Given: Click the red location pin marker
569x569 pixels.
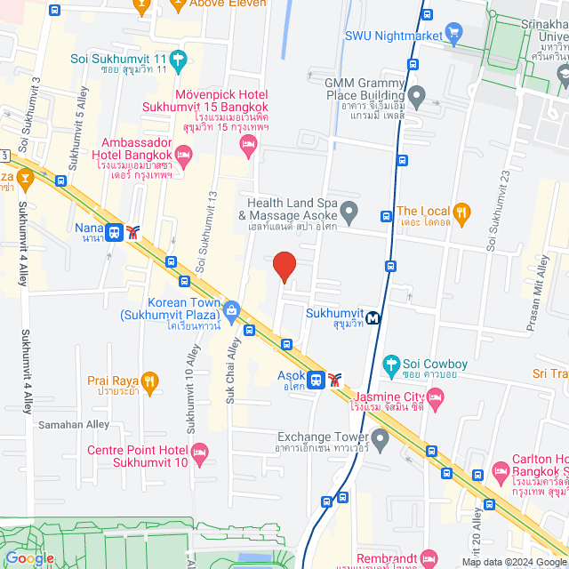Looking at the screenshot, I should [x=284, y=267].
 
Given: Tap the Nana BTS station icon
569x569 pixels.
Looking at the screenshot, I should [x=114, y=232].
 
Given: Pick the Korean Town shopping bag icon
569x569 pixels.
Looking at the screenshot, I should [x=232, y=310].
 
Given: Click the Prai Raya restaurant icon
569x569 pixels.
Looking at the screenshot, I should [x=149, y=381].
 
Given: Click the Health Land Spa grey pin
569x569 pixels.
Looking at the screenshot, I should [x=349, y=212].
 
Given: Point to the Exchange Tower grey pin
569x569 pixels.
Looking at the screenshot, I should [x=381, y=437].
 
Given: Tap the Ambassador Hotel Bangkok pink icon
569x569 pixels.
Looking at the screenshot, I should [x=185, y=158].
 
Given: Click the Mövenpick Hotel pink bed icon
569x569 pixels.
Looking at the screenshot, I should [x=252, y=142].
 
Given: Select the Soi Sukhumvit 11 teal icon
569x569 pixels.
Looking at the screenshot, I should [x=178, y=60].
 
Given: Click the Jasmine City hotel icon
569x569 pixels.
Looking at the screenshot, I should [x=435, y=402].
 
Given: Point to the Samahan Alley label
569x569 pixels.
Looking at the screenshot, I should [x=74, y=425].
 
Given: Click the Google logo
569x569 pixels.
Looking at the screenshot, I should [x=29, y=558].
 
